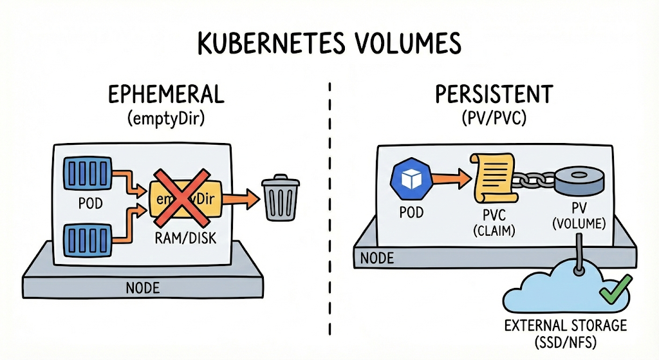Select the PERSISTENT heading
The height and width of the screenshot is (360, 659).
pos(494,94)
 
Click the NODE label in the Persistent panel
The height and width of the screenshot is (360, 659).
pos(377,258)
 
